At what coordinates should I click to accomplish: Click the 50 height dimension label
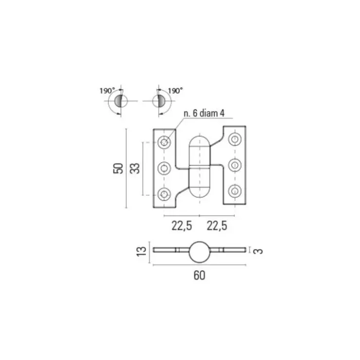click(118, 168)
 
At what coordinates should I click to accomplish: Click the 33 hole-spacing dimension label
click(135, 168)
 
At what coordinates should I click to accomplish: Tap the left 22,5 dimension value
click(181, 225)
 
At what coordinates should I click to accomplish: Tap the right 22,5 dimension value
click(217, 225)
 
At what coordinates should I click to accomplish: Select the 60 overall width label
click(199, 275)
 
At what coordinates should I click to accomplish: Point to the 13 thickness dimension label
click(142, 251)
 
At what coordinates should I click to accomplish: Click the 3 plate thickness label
click(258, 251)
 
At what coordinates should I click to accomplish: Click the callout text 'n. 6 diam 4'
click(204, 113)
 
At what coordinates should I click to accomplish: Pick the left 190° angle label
click(107, 90)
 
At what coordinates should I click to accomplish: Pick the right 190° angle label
click(175, 90)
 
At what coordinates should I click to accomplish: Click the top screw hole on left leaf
click(164, 143)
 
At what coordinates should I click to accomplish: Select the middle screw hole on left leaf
click(164, 168)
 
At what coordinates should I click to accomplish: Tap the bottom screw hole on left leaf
click(164, 194)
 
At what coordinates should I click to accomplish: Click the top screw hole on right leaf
click(234, 139)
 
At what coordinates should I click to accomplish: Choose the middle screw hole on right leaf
click(234, 165)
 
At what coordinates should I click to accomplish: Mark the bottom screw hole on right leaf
click(234, 191)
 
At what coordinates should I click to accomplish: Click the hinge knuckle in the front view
click(199, 167)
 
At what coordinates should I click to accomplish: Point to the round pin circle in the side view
click(199, 252)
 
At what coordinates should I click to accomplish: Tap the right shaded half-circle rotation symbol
click(161, 101)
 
